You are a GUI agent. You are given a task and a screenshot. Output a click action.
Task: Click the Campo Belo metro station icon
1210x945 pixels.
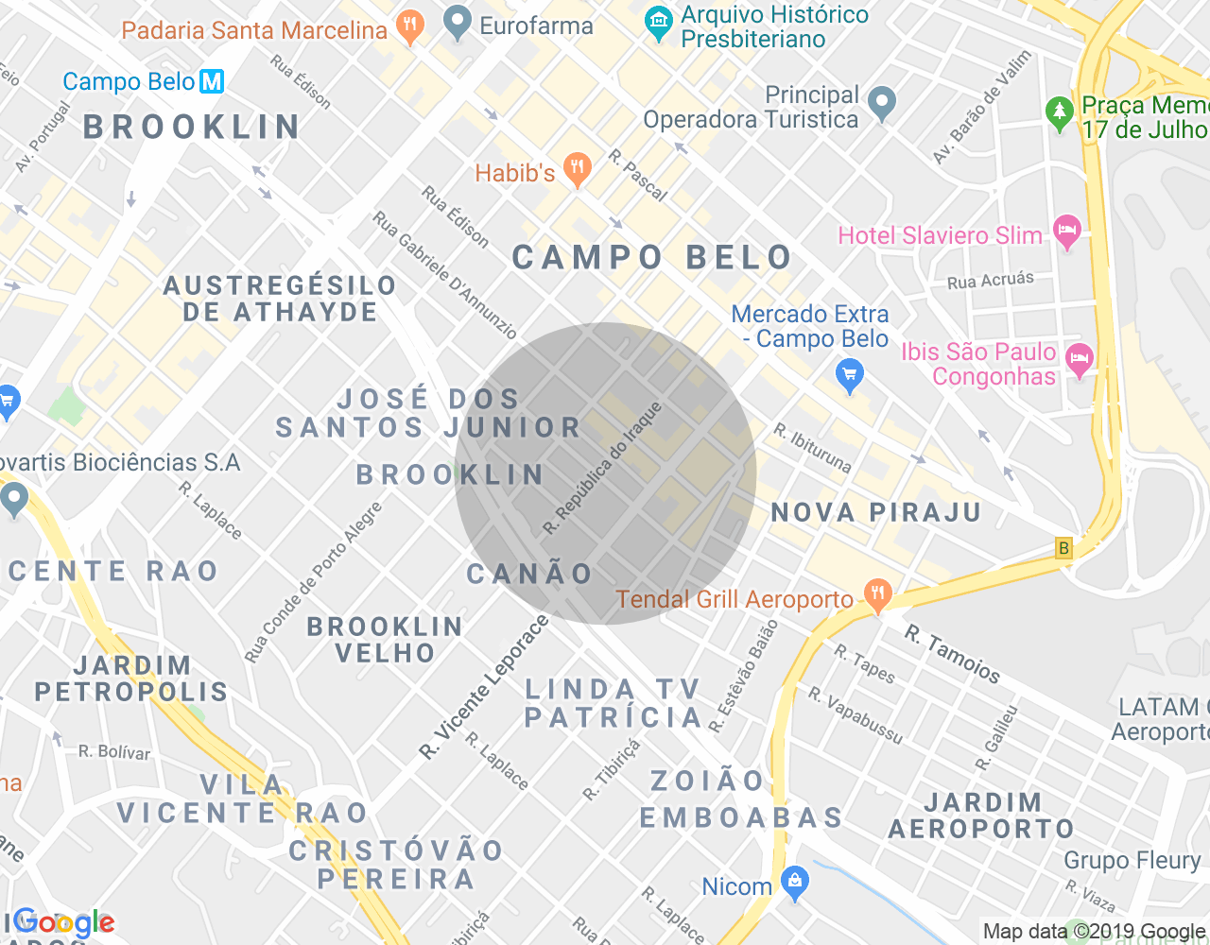pyautogui.click(x=212, y=81)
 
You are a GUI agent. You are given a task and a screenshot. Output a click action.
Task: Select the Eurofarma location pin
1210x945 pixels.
pyautogui.click(x=458, y=23)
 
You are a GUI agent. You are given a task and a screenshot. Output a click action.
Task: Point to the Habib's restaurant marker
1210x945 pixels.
pyautogui.click(x=577, y=170)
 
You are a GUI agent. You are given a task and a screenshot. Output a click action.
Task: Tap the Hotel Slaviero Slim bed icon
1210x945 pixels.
pyautogui.click(x=1067, y=232)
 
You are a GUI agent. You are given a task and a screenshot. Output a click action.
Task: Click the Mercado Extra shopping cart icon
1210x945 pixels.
pyautogui.click(x=850, y=376)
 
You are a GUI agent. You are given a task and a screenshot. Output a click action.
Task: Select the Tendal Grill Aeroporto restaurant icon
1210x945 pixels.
pyautogui.click(x=877, y=595)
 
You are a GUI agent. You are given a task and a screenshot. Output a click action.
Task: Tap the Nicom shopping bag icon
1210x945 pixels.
pyautogui.click(x=795, y=883)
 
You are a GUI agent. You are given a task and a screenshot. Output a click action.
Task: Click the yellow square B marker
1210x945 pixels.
pyautogui.click(x=1064, y=548)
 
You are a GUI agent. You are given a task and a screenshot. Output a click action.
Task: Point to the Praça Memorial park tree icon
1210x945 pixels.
pyautogui.click(x=1060, y=112)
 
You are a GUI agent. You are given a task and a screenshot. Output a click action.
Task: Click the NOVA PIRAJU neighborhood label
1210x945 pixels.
pyautogui.click(x=876, y=513)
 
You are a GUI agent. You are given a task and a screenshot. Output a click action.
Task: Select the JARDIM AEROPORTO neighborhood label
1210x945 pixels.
pyautogui.click(x=982, y=816)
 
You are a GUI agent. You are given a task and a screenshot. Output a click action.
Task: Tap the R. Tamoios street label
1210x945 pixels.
pyautogui.click(x=952, y=653)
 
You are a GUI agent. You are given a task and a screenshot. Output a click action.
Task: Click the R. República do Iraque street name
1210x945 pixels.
pyautogui.click(x=603, y=468)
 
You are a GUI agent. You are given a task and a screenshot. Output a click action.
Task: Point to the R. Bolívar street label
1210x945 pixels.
pyautogui.click(x=114, y=752)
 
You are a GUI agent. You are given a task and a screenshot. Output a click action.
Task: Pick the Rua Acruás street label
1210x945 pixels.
pyautogui.click(x=990, y=280)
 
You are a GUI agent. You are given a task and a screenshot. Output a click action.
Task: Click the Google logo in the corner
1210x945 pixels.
pyautogui.click(x=64, y=923)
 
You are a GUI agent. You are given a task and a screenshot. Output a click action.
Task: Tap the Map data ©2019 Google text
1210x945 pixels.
pyautogui.click(x=1094, y=932)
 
